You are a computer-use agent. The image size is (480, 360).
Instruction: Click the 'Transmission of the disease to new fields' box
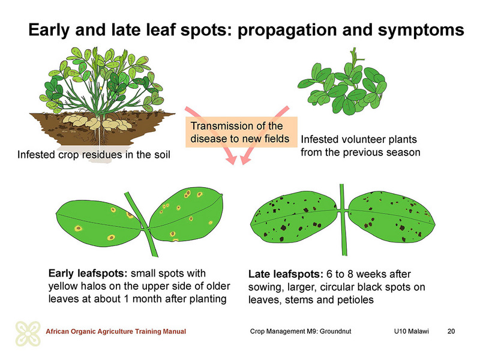241,132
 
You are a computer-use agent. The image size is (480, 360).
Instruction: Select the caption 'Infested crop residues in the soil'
94,155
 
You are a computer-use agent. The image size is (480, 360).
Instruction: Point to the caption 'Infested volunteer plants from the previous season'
361,146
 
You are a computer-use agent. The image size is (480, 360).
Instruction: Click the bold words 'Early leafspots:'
88,274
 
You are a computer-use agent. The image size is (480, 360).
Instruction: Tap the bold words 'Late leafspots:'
286,274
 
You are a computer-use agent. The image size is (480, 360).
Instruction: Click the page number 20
451,331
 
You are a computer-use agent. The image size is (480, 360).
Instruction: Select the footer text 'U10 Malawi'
412,331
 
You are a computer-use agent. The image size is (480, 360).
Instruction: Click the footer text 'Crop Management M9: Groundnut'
301,331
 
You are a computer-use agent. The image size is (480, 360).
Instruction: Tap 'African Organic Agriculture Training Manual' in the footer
116,331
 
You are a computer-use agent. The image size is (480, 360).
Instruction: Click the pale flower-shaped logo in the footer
28,334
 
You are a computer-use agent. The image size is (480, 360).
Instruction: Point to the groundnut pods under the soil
97,122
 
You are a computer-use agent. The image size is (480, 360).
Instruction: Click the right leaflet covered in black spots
392,217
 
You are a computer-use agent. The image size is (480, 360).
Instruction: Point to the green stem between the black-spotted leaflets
344,220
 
